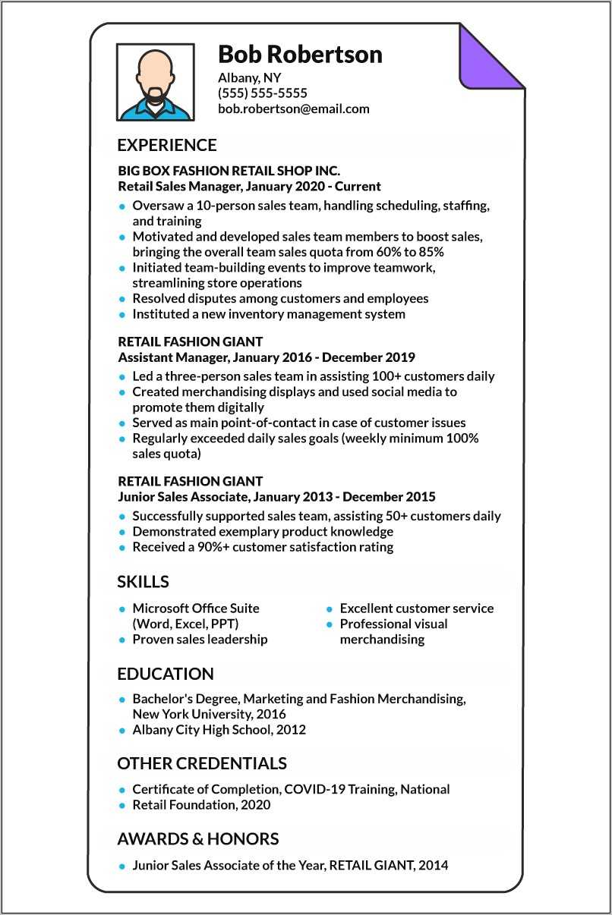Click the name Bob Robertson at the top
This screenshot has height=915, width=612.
coord(300,55)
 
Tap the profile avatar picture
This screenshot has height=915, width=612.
coord(155,82)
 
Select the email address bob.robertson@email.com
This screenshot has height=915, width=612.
coord(293,108)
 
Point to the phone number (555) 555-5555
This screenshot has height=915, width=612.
coord(262,93)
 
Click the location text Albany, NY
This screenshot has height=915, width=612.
coord(250,77)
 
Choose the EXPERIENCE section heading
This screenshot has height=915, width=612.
coord(166,145)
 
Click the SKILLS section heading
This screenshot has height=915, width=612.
coord(143,582)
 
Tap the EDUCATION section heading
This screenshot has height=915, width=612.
coord(165,674)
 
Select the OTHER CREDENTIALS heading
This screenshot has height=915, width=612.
coord(201,763)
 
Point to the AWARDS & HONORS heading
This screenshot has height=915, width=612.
coord(197,838)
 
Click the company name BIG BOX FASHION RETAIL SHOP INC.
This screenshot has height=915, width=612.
coord(229,171)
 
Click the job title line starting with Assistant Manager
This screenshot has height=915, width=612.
coord(267,357)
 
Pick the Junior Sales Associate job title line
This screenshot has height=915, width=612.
coord(276,497)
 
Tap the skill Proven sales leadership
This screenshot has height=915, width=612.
coord(200,639)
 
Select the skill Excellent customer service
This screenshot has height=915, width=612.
coord(416,608)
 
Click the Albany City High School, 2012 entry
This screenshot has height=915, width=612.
coord(219,730)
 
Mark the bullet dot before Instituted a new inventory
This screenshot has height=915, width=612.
coord(121,315)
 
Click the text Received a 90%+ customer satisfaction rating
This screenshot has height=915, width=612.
coord(263,547)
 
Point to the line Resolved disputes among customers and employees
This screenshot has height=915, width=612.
coord(280,299)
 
